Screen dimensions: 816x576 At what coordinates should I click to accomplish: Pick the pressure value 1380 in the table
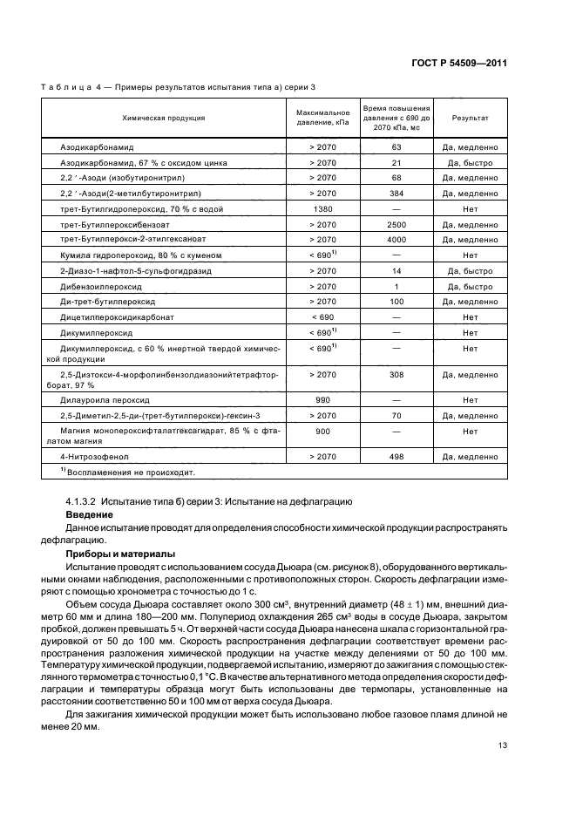322,209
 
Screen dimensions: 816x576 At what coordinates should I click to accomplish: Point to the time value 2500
396,224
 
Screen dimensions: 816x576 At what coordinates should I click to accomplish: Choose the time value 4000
396,239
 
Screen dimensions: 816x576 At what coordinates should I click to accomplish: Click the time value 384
396,193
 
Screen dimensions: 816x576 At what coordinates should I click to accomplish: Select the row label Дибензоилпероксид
101,287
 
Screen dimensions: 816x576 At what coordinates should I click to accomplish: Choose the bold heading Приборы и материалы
121,554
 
